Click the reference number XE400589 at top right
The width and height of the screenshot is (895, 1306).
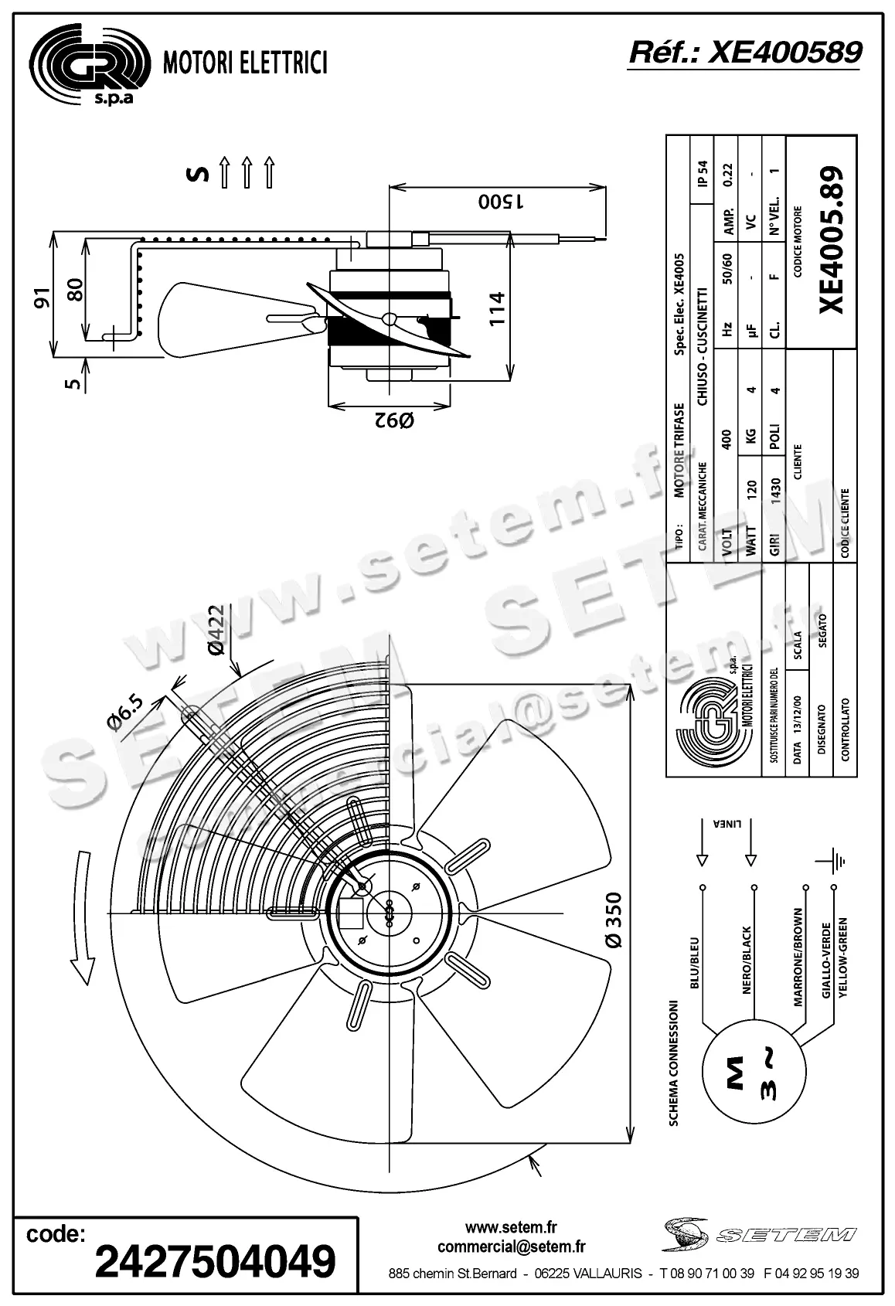(x=745, y=53)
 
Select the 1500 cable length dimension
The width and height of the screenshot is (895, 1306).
(x=501, y=202)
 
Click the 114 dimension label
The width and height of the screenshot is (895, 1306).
(x=497, y=308)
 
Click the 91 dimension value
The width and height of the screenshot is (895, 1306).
(x=42, y=298)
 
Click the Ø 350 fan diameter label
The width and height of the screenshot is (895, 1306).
(x=614, y=920)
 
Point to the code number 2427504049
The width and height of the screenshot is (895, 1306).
(x=215, y=1261)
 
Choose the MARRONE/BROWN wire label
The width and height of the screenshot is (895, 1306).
(x=798, y=957)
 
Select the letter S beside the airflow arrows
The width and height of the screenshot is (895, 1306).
(x=199, y=173)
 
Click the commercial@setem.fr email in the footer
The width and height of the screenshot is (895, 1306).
(x=511, y=1246)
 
